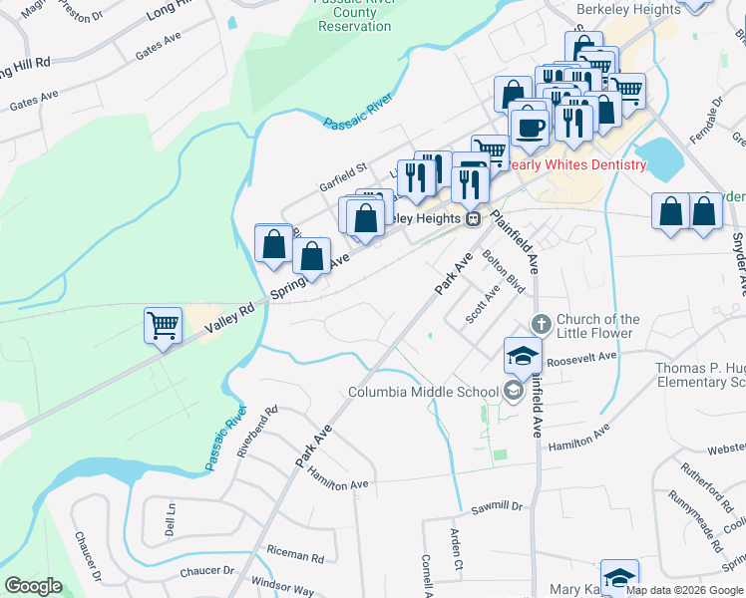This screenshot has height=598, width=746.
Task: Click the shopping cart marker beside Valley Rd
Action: [x=163, y=324]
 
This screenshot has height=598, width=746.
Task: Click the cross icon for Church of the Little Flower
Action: [x=542, y=324]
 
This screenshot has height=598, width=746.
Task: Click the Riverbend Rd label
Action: [x=256, y=431]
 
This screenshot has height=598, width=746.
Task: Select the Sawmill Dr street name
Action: [x=498, y=506]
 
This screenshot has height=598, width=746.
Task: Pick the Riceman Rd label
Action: [x=297, y=558]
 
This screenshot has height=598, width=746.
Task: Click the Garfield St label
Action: [x=343, y=168]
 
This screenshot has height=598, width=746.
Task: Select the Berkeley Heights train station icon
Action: [x=475, y=218]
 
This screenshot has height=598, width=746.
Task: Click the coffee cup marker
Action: [x=529, y=127]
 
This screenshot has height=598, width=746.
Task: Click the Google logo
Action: [x=33, y=586]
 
